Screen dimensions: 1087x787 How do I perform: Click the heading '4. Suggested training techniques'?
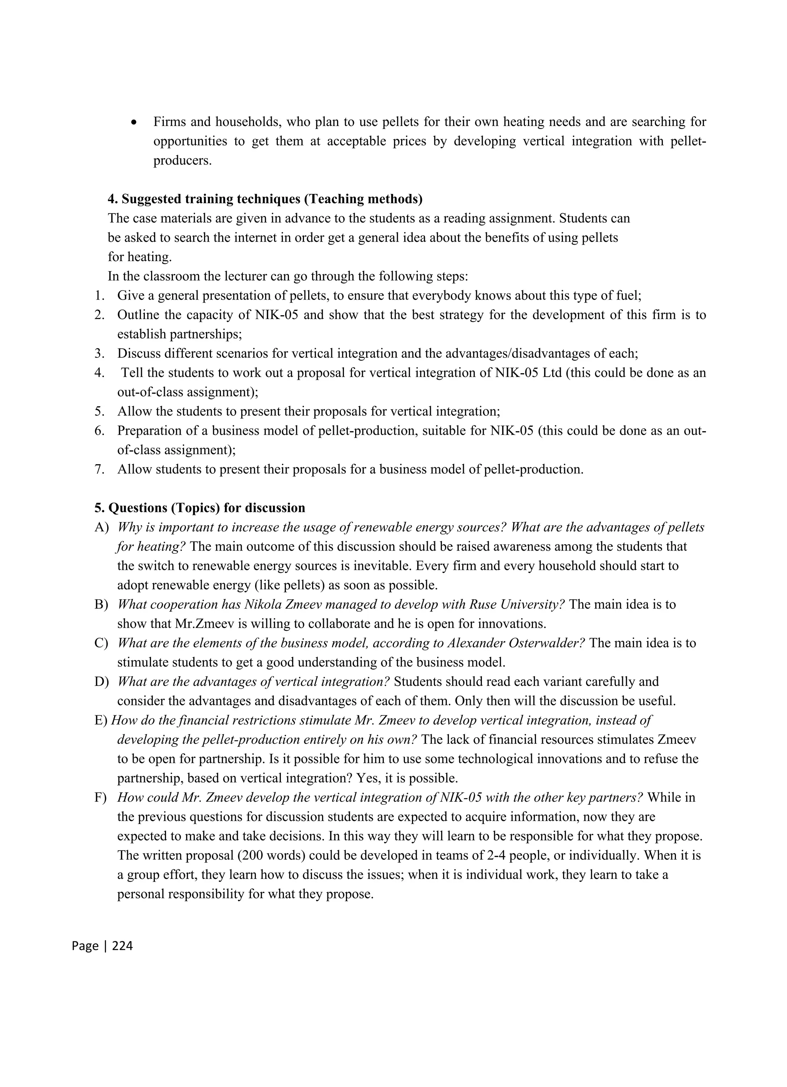coord(265,199)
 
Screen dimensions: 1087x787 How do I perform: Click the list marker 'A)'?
coord(102,527)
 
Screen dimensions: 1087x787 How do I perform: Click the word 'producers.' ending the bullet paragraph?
coord(182,160)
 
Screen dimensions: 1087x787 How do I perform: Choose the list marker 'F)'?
coord(101,797)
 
